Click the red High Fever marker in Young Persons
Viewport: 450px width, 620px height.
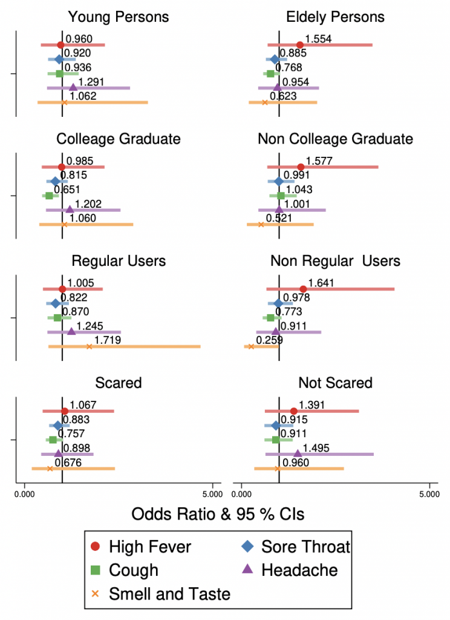tap(60, 45)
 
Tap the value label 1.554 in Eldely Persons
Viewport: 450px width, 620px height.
tap(318, 39)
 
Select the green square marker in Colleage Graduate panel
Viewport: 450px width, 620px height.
tap(48, 196)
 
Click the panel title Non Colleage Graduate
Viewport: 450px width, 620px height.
tap(335, 139)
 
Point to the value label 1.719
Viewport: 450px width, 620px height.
tap(108, 340)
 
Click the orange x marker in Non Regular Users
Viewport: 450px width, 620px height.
tap(251, 346)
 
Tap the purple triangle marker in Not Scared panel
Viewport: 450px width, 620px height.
tap(298, 453)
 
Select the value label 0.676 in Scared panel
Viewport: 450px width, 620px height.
tap(68, 463)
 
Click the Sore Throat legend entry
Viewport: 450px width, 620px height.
tap(296, 547)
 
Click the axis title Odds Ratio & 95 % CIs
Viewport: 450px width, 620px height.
tap(218, 514)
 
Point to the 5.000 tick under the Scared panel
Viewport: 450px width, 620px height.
tap(212, 492)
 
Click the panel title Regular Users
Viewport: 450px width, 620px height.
tap(119, 261)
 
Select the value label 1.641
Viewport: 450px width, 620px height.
tap(321, 283)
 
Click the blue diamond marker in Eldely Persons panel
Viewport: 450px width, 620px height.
tap(275, 59)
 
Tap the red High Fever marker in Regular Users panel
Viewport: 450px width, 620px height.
tap(62, 289)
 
